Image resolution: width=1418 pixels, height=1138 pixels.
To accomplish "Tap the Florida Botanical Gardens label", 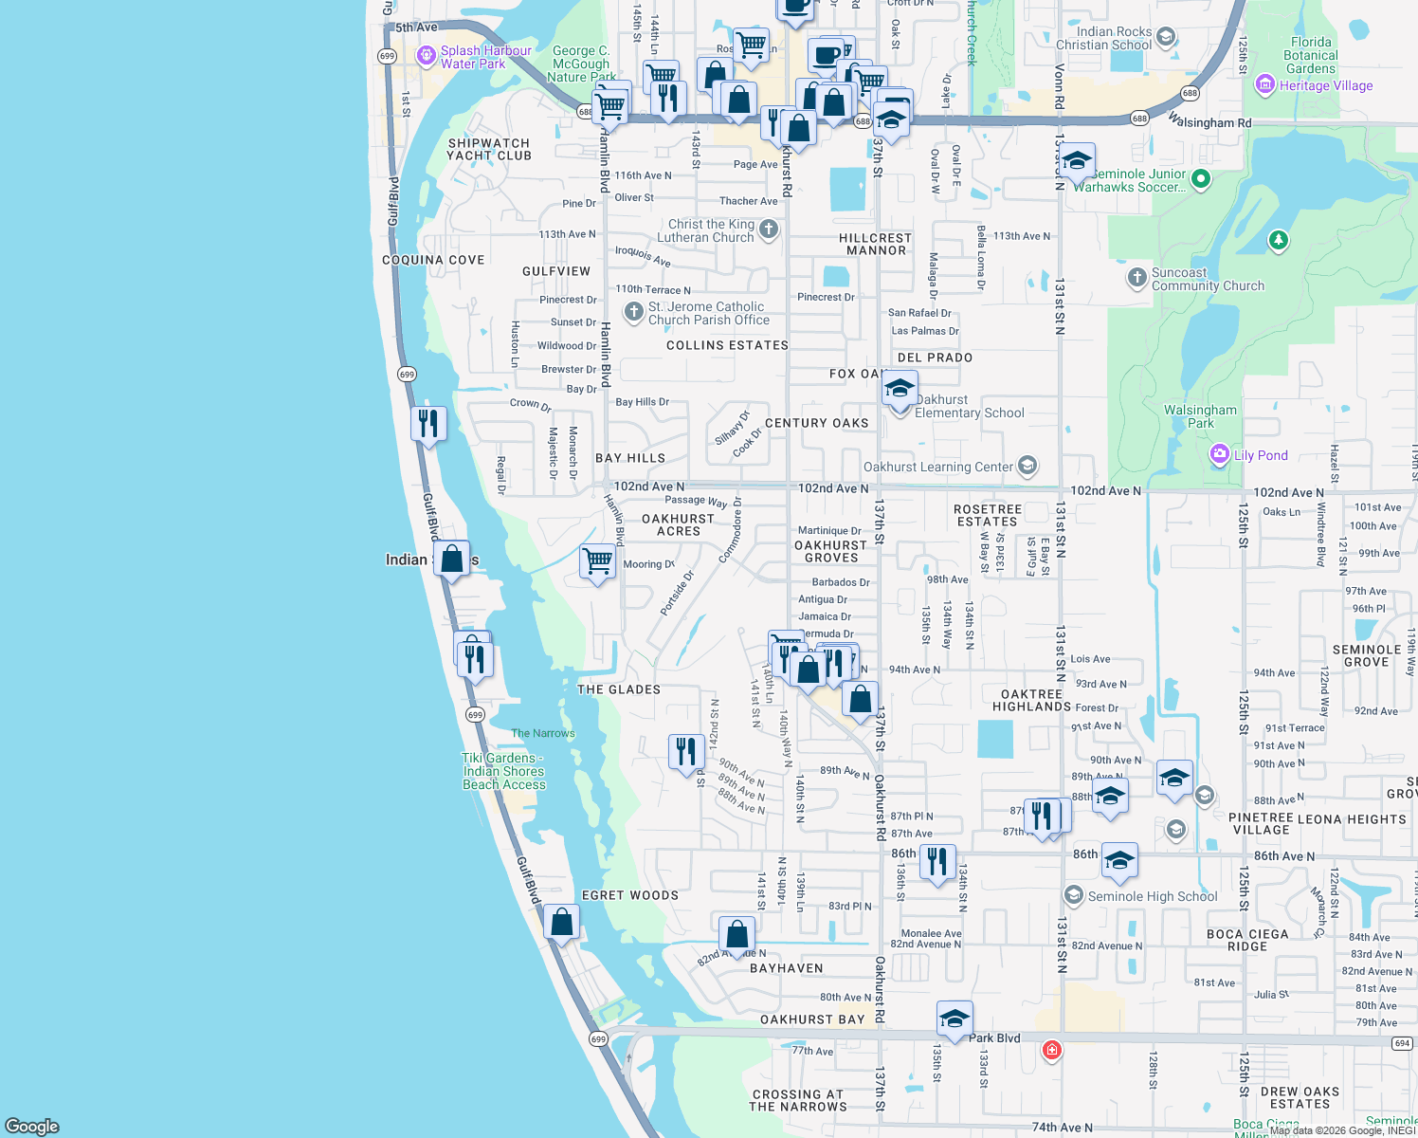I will point(1311,55).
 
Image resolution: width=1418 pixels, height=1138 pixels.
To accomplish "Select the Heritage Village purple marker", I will point(1264,85).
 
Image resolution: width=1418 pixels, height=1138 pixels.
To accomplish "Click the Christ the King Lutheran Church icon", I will point(769,229).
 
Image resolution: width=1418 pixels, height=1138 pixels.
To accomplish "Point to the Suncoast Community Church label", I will point(1208,279).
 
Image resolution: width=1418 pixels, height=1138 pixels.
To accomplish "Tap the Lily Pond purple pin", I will point(1220,454).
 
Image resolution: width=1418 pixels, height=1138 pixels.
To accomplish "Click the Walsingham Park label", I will point(1200,416).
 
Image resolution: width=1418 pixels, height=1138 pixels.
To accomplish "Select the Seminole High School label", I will point(1152,896).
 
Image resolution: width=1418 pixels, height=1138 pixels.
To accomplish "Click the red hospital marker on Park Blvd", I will point(1051,1050).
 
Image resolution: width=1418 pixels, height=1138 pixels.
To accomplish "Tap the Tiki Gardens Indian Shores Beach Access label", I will point(503,771).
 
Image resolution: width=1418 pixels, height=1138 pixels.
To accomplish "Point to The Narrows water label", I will point(543,733).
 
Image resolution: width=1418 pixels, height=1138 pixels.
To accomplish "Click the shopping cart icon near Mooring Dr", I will point(597,560).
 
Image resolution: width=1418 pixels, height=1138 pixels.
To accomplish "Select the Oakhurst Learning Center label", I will point(937,467).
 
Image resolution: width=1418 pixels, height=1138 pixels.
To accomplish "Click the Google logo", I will point(32,1126).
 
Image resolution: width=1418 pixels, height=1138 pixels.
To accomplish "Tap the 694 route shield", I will point(1403,1043).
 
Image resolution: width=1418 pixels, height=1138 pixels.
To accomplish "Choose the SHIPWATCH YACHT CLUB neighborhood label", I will point(488,149).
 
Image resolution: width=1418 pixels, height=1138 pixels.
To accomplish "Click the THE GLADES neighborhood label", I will point(619,689).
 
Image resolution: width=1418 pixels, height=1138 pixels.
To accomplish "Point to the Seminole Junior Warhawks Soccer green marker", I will point(1201,178).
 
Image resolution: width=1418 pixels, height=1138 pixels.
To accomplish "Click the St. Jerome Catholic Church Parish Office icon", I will point(634,311).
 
